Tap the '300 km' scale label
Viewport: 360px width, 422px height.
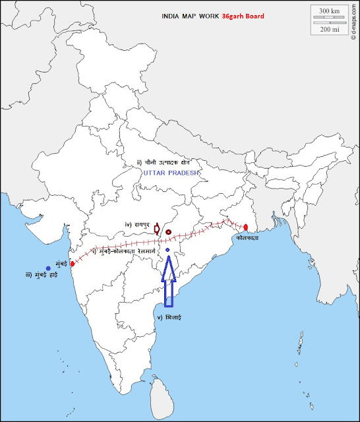(329, 11)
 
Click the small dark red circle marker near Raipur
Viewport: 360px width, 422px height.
(168, 232)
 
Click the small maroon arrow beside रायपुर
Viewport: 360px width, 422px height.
(156, 229)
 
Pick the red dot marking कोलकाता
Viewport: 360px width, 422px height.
(245, 227)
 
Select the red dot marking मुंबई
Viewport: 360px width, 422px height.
(72, 263)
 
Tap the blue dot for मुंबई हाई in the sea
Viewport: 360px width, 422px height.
(48, 268)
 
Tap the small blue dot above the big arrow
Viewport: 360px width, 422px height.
(168, 251)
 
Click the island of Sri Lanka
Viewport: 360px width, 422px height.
(160, 394)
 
